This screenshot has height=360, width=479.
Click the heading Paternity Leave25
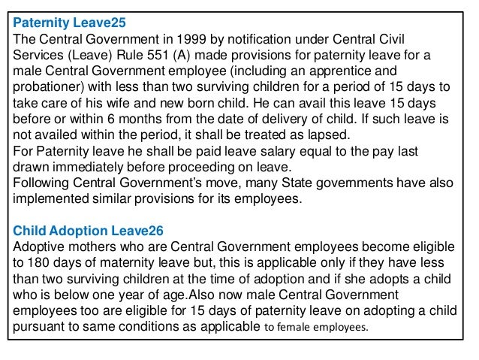pos(65,22)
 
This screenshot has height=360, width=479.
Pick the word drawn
pos(32,171)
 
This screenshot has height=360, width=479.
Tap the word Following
pos(44,187)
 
